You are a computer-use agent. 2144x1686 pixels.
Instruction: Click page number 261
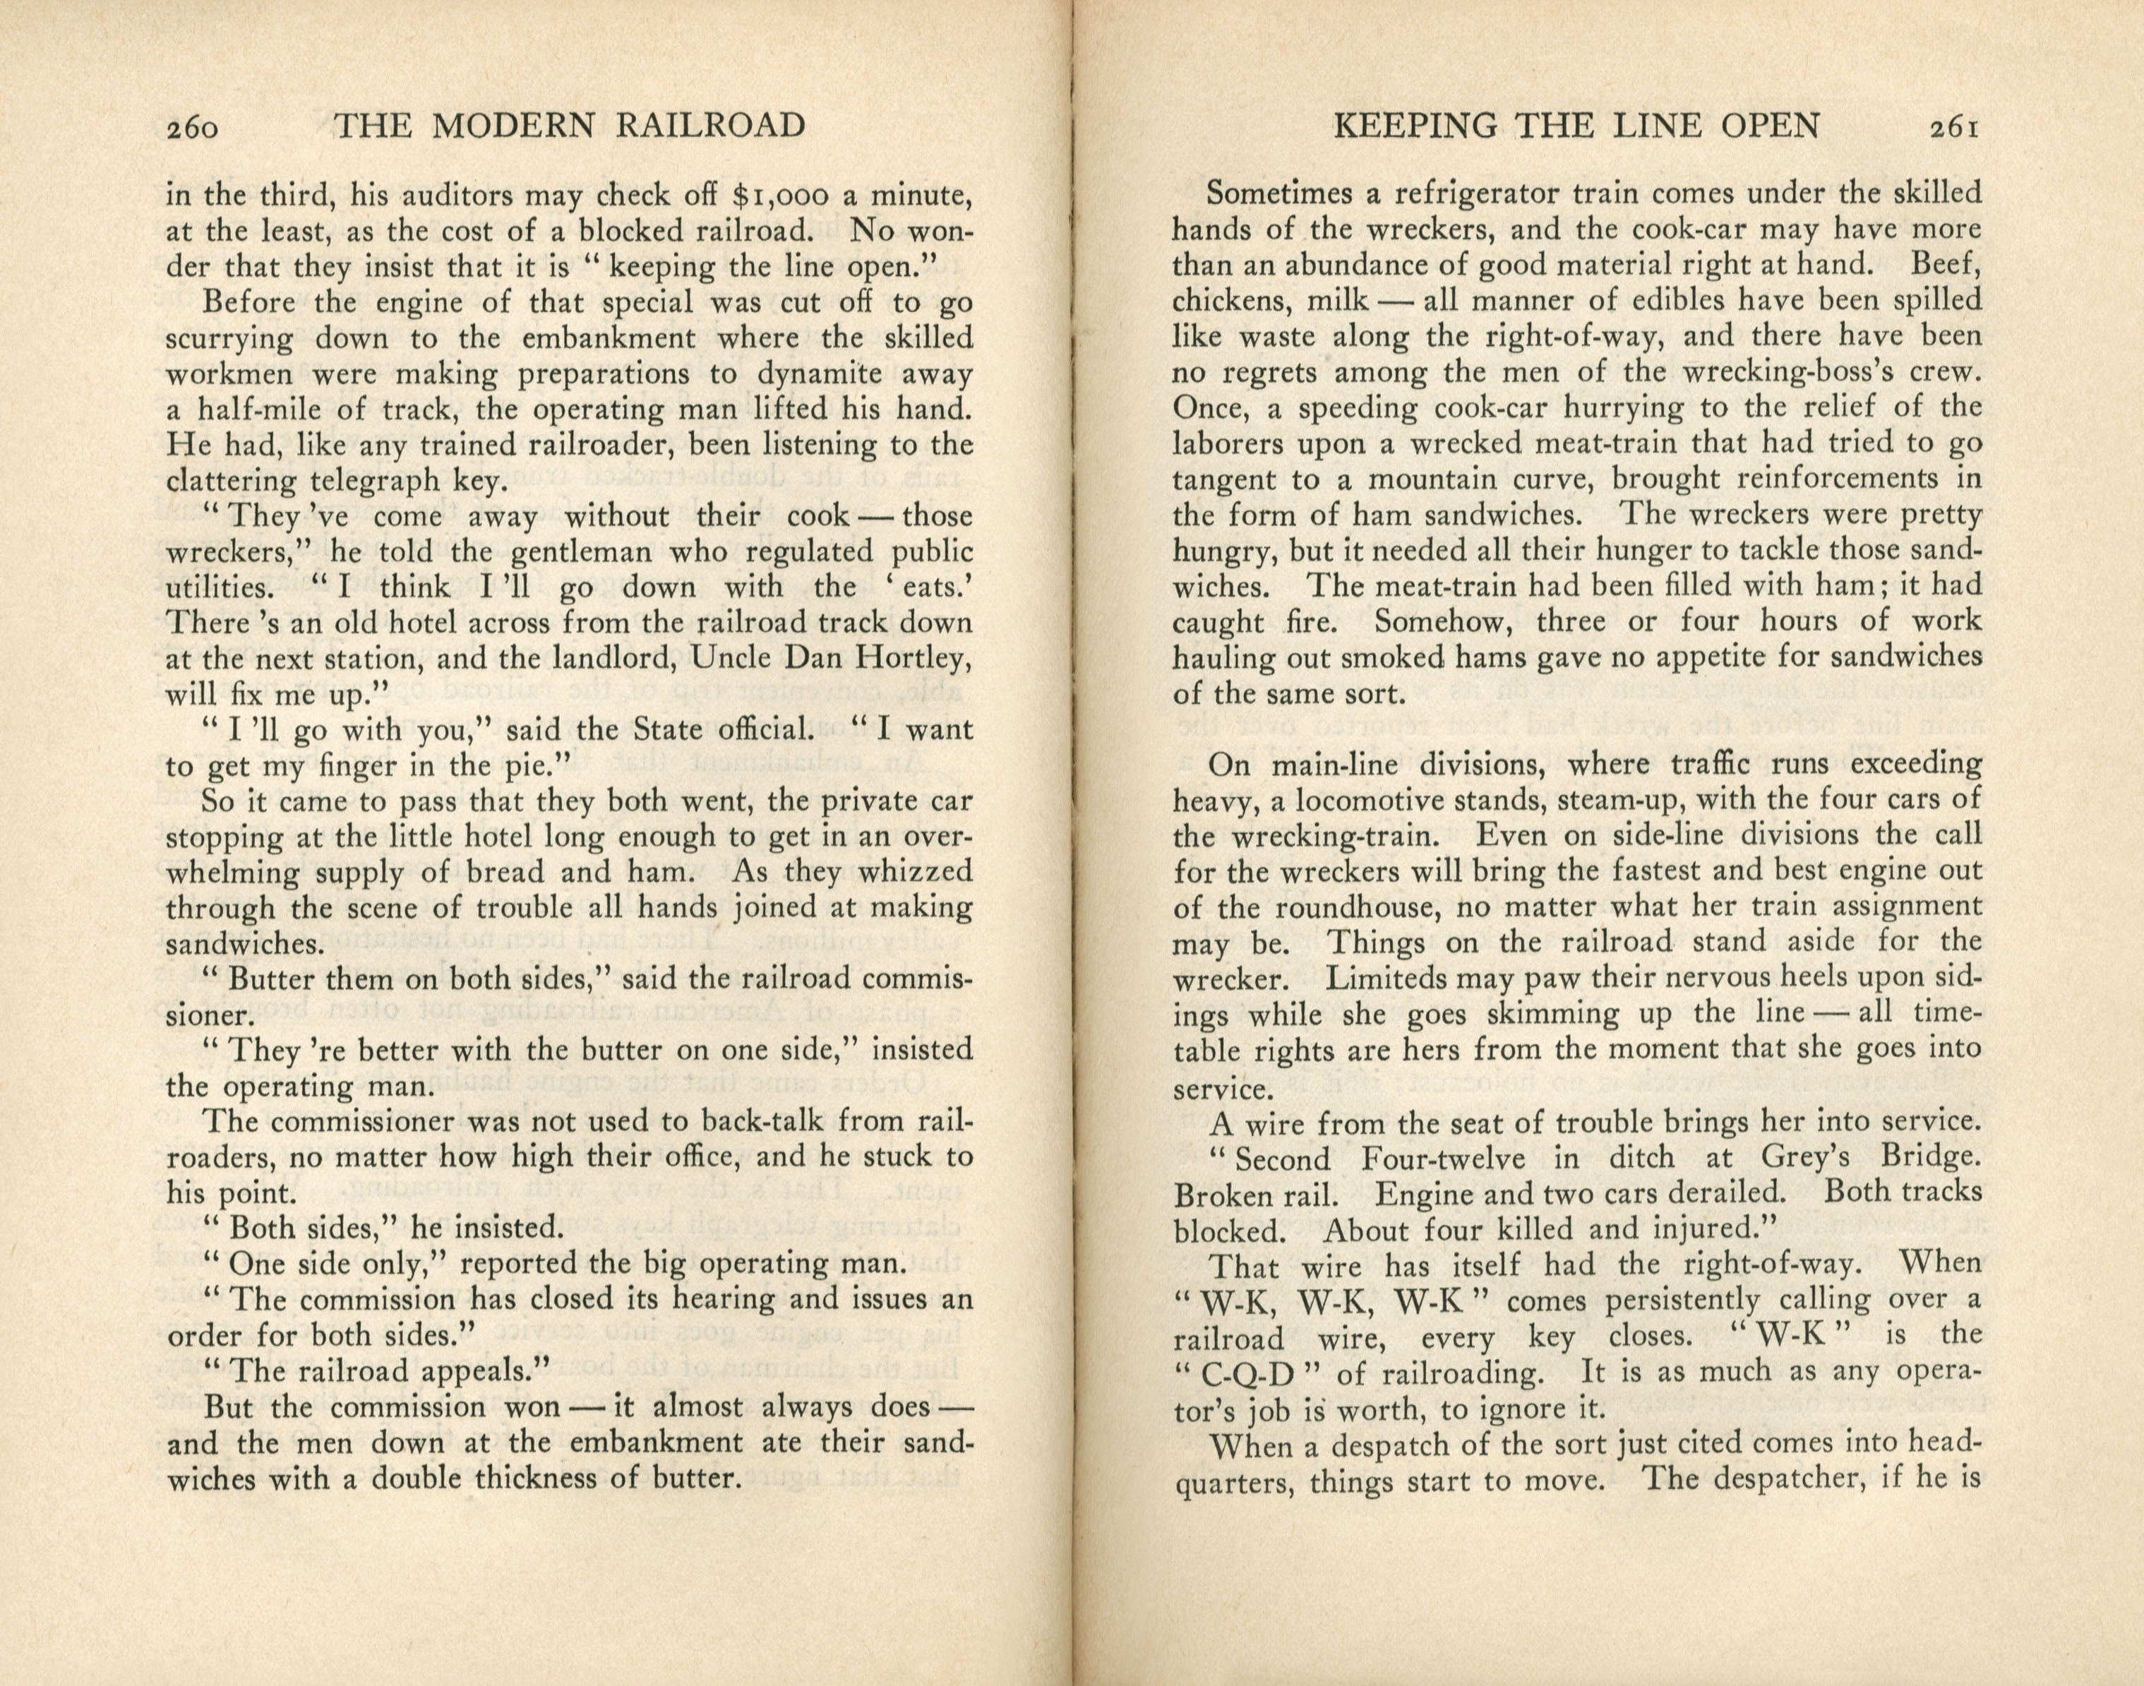[x=1948, y=127]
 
